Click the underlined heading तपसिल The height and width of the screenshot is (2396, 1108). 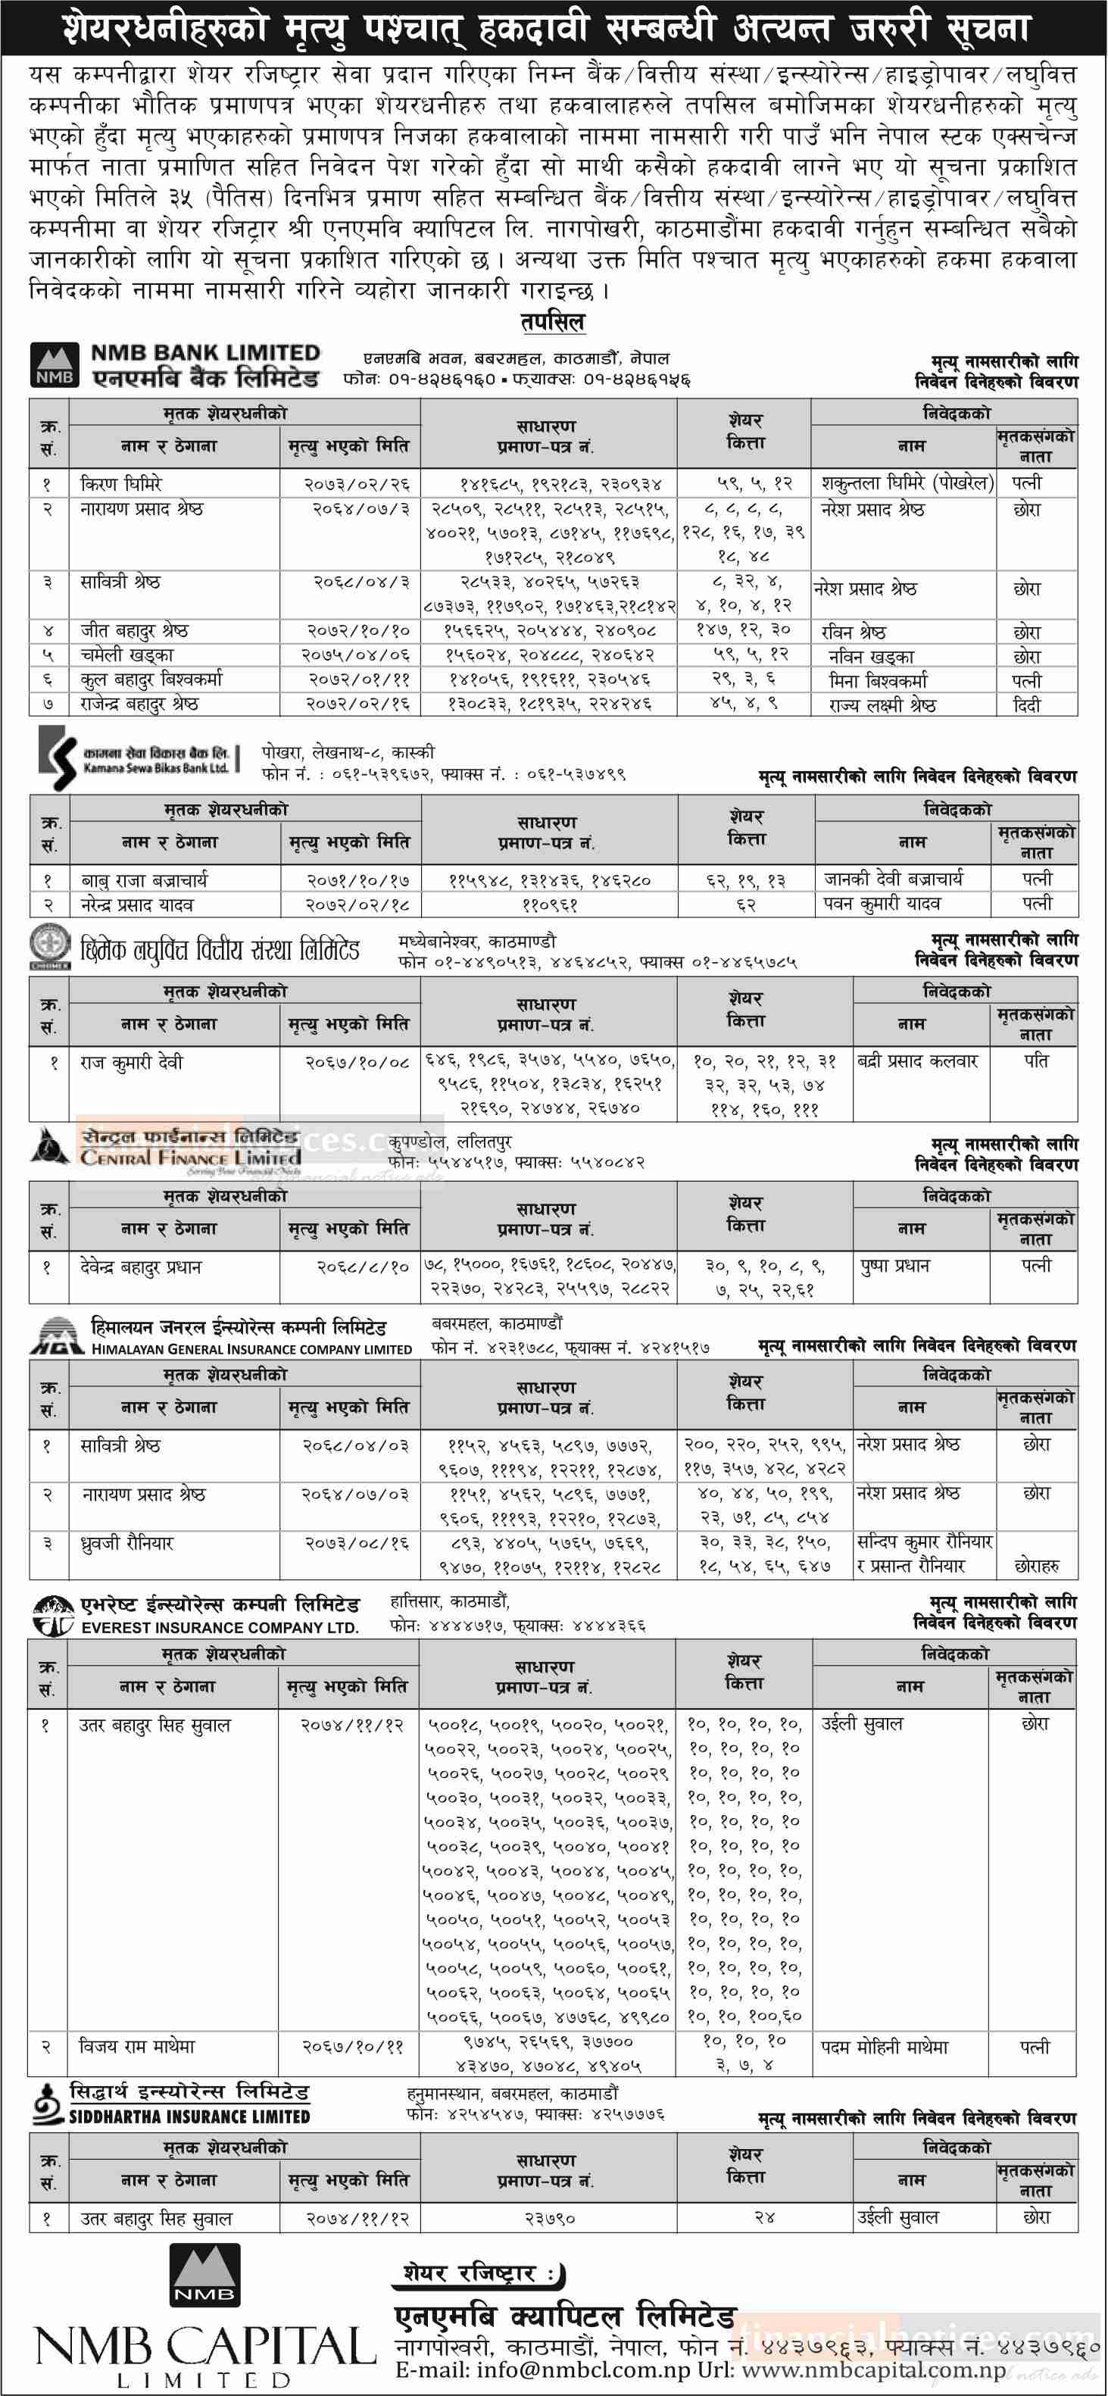click(553, 323)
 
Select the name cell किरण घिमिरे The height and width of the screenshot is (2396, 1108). click(122, 483)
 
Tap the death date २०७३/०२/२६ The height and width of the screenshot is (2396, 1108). click(357, 483)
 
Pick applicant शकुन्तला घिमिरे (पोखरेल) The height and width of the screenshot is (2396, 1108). click(907, 483)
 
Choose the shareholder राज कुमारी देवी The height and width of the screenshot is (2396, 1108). click(132, 1061)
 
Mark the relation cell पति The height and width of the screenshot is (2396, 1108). click(1036, 1061)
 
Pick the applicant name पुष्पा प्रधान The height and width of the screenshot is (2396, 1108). click(895, 1266)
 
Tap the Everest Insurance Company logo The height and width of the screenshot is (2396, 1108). click(52, 1616)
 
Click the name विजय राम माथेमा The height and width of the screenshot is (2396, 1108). click(138, 2046)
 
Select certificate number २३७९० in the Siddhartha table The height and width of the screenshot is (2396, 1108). click(550, 2218)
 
